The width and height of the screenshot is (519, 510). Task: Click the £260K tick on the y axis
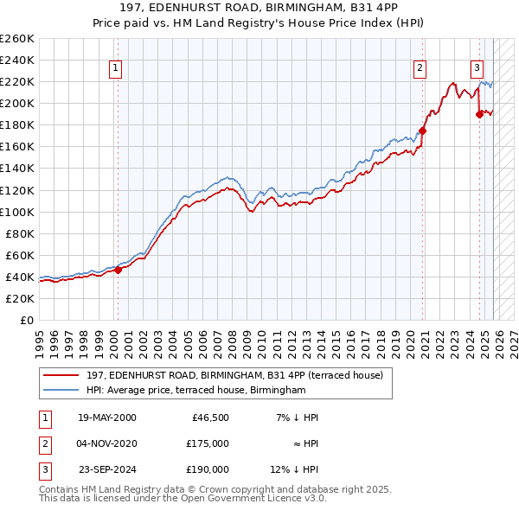(17, 39)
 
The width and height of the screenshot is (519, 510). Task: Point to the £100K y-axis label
(17, 212)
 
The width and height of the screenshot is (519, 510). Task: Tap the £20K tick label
(20, 298)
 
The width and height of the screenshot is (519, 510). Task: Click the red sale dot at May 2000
(119, 270)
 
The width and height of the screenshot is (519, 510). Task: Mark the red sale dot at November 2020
(423, 131)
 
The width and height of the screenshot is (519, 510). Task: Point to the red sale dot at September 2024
(479, 114)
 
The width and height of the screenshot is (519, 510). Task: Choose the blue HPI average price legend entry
(196, 390)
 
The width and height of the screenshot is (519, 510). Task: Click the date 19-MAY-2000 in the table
(106, 418)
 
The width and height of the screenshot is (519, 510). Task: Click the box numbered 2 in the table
(44, 443)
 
